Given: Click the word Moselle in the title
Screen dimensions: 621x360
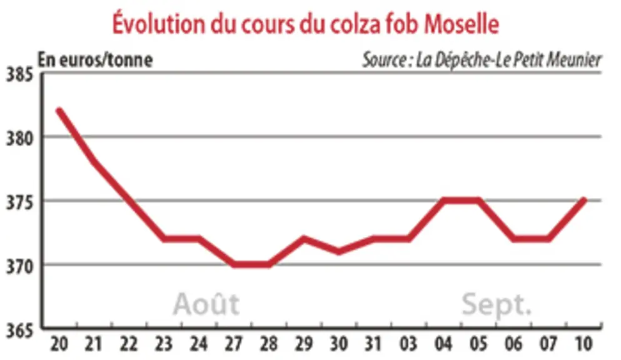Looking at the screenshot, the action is click(x=462, y=24).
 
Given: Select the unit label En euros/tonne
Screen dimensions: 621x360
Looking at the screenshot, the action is click(x=95, y=61).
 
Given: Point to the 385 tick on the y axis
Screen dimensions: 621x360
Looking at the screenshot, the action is click(x=19, y=74).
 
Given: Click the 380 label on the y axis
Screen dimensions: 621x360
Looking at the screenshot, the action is click(x=19, y=139).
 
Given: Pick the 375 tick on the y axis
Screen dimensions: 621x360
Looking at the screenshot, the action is click(x=19, y=202).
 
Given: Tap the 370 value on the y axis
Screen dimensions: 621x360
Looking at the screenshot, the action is click(x=19, y=267).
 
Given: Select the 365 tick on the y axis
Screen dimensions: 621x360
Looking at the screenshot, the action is click(x=19, y=331).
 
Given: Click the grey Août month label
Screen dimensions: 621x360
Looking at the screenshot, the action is click(x=206, y=303).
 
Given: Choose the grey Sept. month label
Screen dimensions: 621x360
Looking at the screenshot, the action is click(x=497, y=304).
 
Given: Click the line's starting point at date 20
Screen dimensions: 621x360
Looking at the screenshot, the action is click(x=59, y=111).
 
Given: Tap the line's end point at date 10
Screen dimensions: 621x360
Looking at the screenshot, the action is click(x=583, y=200).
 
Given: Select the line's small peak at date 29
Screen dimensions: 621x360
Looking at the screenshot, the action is click(x=304, y=239).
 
